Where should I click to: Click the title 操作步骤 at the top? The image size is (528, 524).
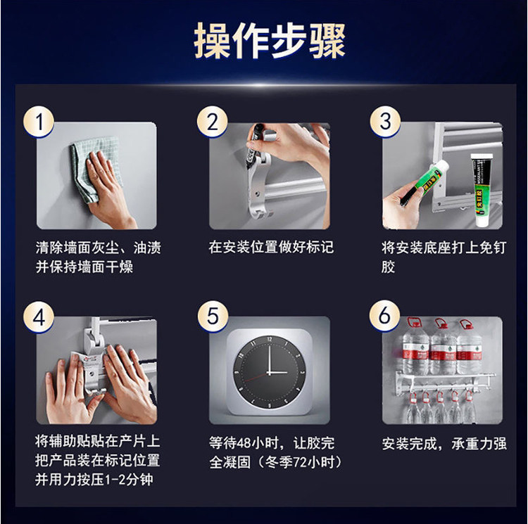[x=270, y=41]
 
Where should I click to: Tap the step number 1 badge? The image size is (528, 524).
[x=39, y=122]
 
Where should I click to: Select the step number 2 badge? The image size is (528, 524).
[x=213, y=122]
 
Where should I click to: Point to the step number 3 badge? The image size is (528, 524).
[x=386, y=121]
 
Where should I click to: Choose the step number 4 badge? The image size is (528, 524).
[x=39, y=317]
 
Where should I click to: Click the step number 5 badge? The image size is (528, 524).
[x=213, y=317]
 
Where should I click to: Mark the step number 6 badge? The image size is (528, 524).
[x=384, y=316]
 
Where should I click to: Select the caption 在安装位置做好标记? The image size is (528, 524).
[x=271, y=247]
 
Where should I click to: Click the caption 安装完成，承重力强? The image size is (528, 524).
[x=444, y=444]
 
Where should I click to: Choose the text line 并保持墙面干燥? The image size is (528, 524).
[x=84, y=267]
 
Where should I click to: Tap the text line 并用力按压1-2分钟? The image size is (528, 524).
[x=94, y=479]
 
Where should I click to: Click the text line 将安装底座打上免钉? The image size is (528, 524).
[x=444, y=248]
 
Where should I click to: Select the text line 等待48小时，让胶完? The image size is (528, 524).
[x=272, y=443]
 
